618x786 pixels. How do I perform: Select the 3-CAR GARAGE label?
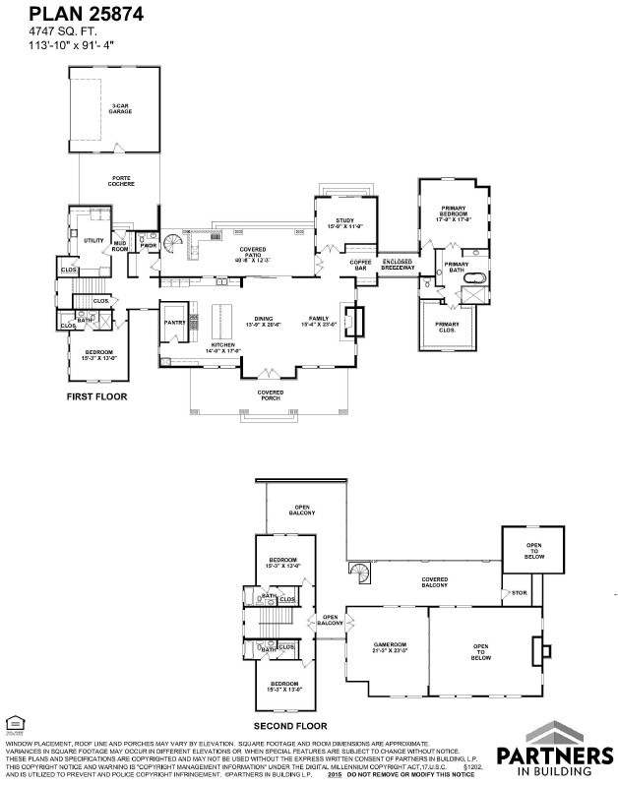pyautogui.click(x=121, y=109)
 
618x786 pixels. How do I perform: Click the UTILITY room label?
pyautogui.click(x=94, y=240)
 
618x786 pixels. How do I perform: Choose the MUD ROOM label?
pyautogui.click(x=120, y=246)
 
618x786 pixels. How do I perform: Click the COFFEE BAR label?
pyautogui.click(x=359, y=266)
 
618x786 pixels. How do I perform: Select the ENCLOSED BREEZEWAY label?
pyautogui.click(x=398, y=264)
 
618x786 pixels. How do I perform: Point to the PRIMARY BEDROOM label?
pyautogui.click(x=453, y=213)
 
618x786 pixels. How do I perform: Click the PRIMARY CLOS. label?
pyautogui.click(x=448, y=327)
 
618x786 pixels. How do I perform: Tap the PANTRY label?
pyautogui.click(x=174, y=322)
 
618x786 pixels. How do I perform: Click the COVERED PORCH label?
pyautogui.click(x=271, y=394)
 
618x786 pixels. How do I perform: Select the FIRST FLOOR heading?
pyautogui.click(x=96, y=396)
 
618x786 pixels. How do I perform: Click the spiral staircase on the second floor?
pyautogui.click(x=360, y=573)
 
